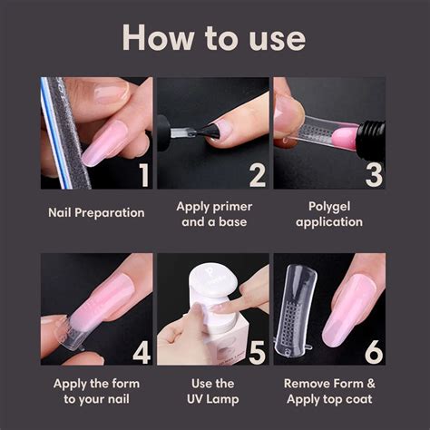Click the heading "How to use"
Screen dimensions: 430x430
click(x=214, y=37)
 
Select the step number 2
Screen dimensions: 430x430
click(x=257, y=173)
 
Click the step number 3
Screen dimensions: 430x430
click(x=373, y=173)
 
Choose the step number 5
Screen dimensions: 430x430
click(x=257, y=349)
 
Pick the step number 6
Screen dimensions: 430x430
click(x=373, y=349)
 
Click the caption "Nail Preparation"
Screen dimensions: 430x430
click(x=96, y=212)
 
